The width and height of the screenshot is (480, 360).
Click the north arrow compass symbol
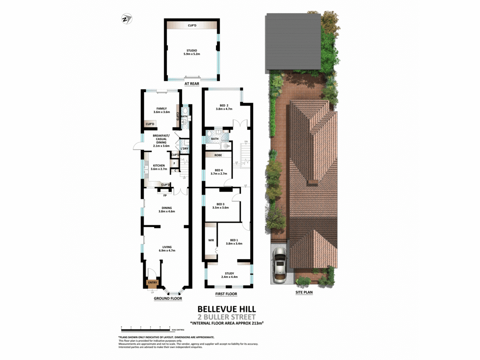[126, 19]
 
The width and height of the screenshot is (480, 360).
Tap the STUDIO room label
[192, 51]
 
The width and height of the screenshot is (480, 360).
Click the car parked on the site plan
[279, 265]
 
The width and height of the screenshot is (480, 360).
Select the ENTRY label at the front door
[152, 282]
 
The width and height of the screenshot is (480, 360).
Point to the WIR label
[211, 240]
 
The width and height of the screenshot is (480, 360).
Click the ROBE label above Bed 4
[218, 155]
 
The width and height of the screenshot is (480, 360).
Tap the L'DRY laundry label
[185, 148]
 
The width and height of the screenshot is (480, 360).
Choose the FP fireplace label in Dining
[165, 196]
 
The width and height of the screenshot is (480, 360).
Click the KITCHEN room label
[159, 166]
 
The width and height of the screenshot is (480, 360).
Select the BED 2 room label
[224, 105]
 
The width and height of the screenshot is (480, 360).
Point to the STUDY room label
[229, 273]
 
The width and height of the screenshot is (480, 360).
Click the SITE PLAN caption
[304, 292]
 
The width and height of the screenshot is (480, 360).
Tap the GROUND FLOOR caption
[168, 298]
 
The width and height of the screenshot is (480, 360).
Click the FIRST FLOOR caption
[226, 294]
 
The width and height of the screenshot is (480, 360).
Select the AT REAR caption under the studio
[192, 84]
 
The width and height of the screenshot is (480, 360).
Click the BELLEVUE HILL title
[227, 309]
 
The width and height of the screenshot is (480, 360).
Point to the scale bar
[146, 329]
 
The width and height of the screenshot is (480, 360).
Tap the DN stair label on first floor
[246, 141]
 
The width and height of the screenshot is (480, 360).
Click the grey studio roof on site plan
[293, 42]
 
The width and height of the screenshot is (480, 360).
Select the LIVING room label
[167, 247]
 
